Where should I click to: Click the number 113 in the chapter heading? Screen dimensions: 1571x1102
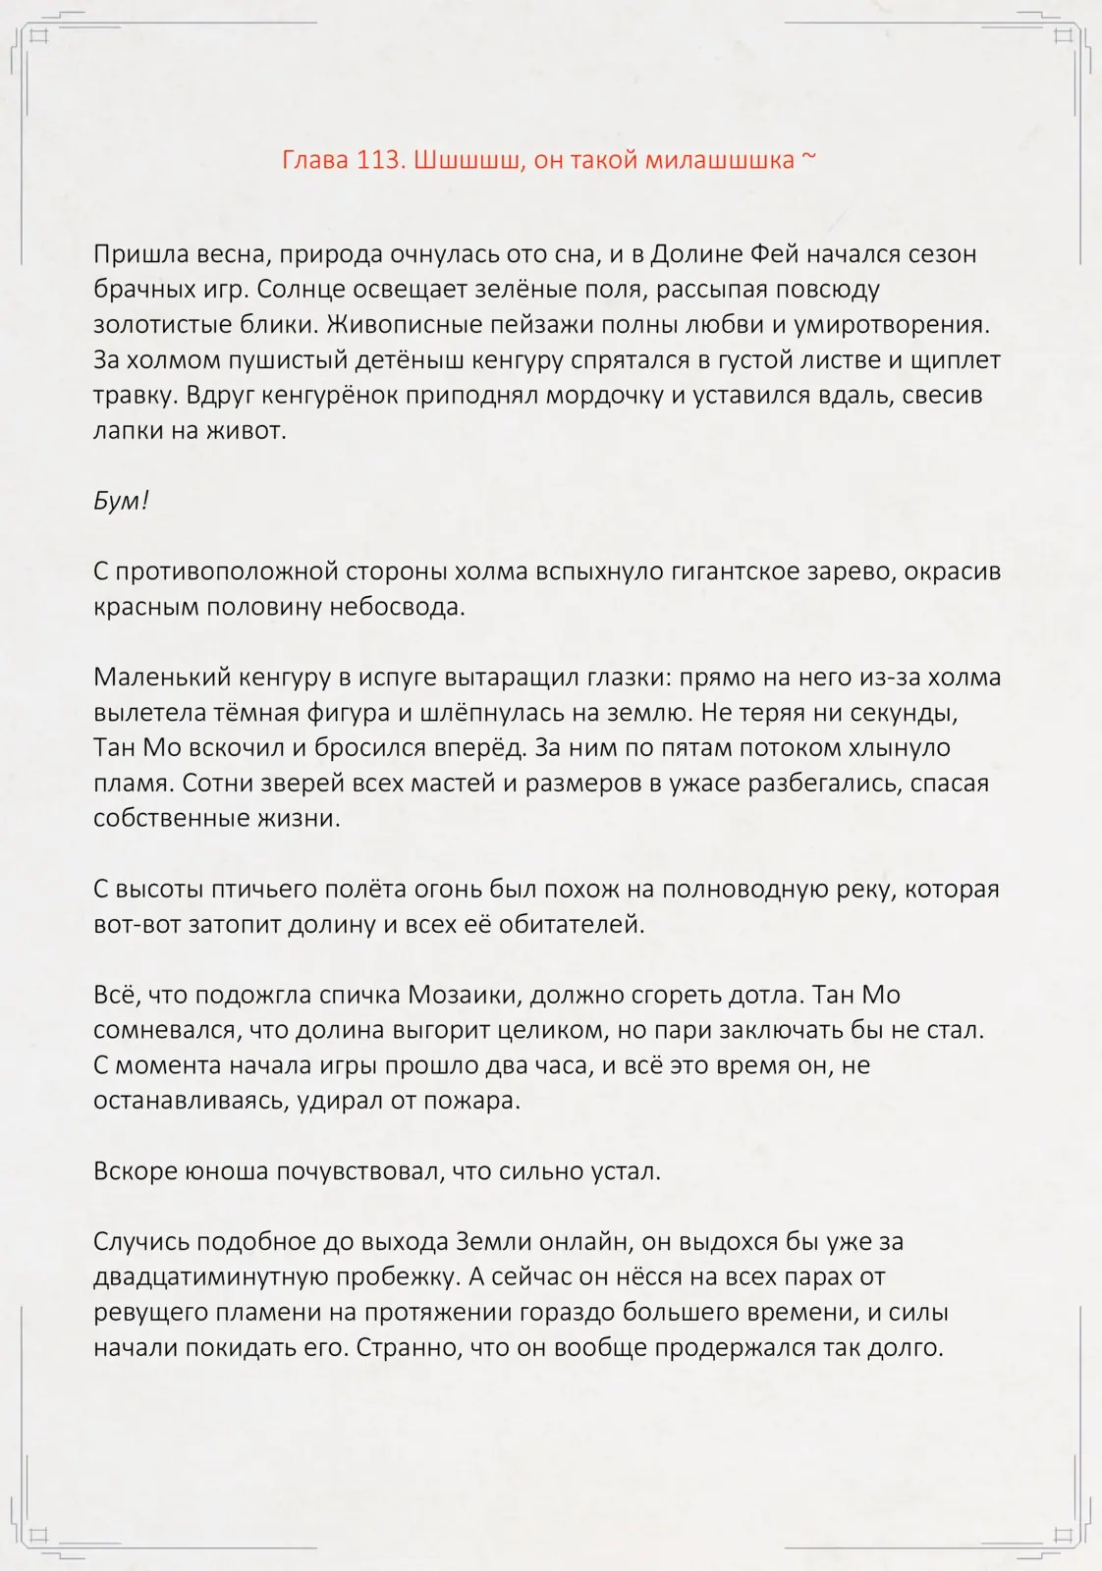(x=376, y=160)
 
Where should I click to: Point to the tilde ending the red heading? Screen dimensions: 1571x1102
(x=809, y=158)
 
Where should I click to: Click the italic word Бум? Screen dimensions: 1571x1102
(x=121, y=501)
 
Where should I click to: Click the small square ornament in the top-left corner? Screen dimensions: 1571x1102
(x=39, y=37)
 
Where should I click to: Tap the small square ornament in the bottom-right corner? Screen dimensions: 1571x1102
(x=1063, y=1535)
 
